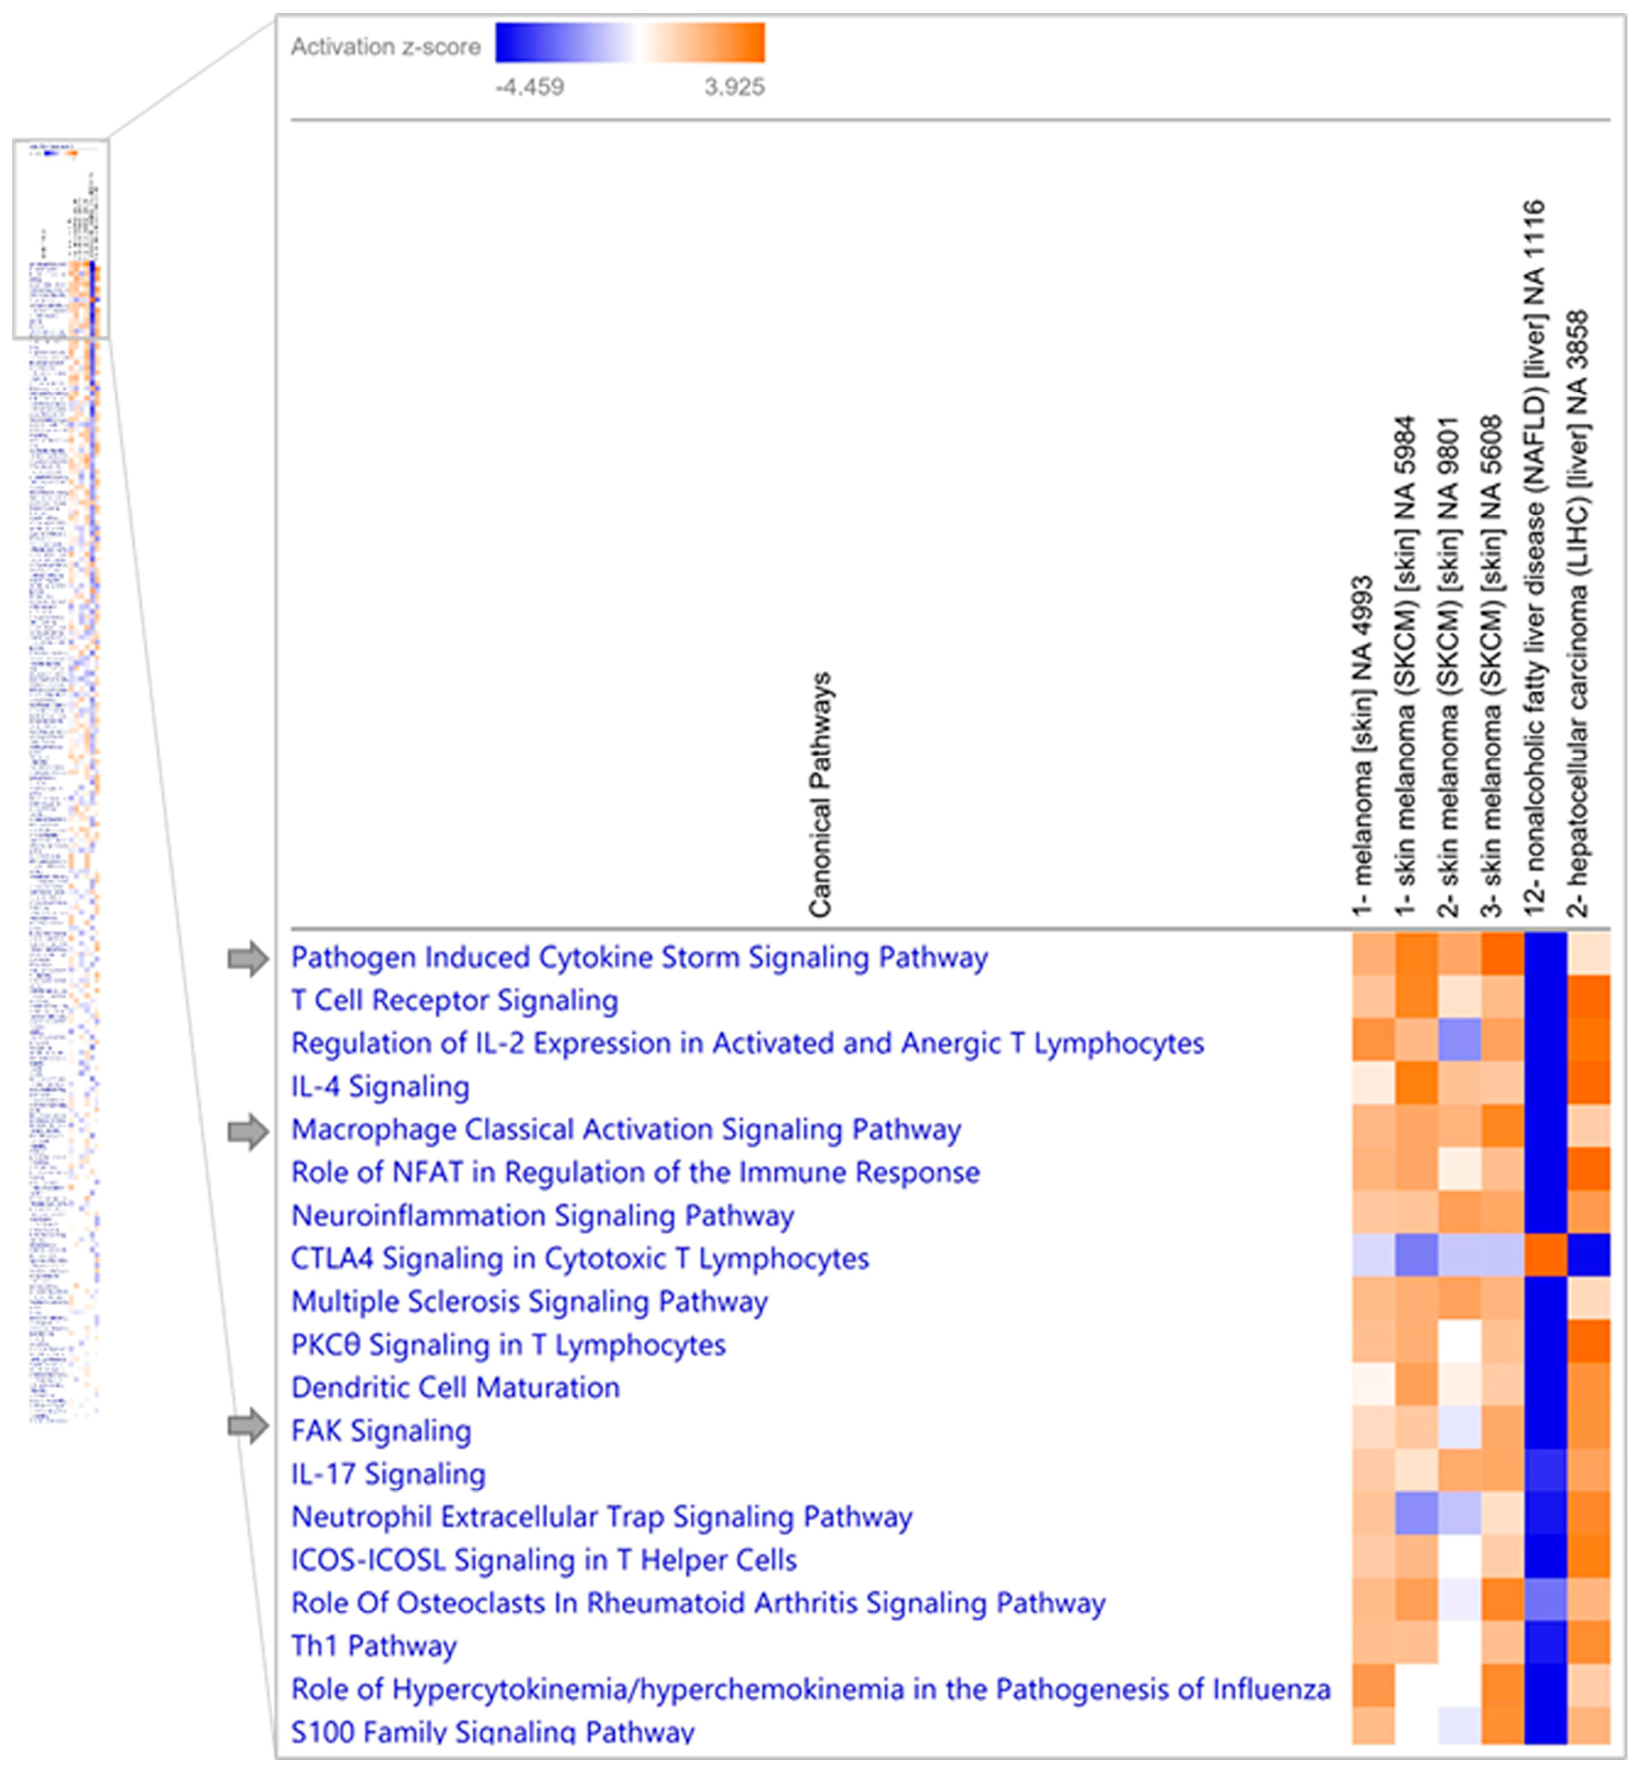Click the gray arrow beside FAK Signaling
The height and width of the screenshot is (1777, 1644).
coord(248,1427)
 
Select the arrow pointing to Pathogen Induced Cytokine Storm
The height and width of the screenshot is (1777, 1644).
coord(248,959)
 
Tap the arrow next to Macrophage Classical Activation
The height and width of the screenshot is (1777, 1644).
coord(248,1132)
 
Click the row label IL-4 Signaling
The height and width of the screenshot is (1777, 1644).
coord(380,1087)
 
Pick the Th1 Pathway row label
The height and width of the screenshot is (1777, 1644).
coord(374,1647)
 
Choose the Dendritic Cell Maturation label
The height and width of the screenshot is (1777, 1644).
coord(455,1387)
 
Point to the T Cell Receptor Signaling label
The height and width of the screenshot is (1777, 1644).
coord(455,1000)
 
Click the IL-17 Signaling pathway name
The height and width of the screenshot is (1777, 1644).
coord(388,1474)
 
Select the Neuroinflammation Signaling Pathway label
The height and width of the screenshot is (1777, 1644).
coord(543,1216)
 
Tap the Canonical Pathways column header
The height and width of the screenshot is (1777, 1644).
coord(819,794)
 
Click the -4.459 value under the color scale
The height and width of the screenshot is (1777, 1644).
coord(529,87)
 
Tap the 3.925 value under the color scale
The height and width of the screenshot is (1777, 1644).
coord(734,87)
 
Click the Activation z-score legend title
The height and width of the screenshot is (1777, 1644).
coord(385,47)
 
